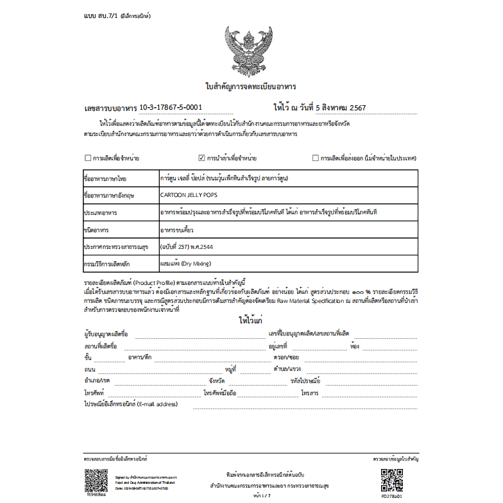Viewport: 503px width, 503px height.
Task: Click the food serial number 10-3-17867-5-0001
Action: coord(171,107)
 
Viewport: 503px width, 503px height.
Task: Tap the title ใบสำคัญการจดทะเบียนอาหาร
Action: coord(251,86)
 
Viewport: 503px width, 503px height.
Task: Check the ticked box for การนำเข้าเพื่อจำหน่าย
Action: coord(202,157)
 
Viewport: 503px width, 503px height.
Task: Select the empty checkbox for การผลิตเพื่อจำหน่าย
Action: coord(88,157)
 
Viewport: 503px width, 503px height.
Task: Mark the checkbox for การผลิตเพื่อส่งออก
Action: coord(315,157)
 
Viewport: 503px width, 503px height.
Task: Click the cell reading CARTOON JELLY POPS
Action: coord(186,194)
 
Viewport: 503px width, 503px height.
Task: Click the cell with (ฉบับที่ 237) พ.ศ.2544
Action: coord(191,246)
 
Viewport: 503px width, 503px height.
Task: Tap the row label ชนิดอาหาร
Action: coord(96,228)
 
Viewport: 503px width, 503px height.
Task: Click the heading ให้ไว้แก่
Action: coord(250,320)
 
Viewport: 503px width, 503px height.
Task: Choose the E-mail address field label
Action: coord(130,404)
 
